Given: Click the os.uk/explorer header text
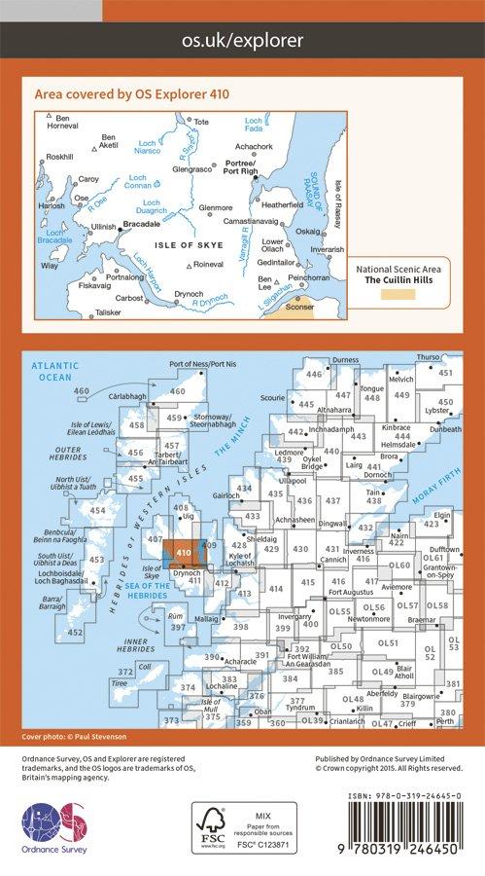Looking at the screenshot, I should (x=243, y=41).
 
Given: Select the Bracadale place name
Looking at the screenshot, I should (x=142, y=224).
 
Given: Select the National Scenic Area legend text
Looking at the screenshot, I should (x=402, y=269).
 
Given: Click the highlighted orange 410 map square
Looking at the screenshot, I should (x=182, y=552).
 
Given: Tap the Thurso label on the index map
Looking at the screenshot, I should (x=429, y=357).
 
